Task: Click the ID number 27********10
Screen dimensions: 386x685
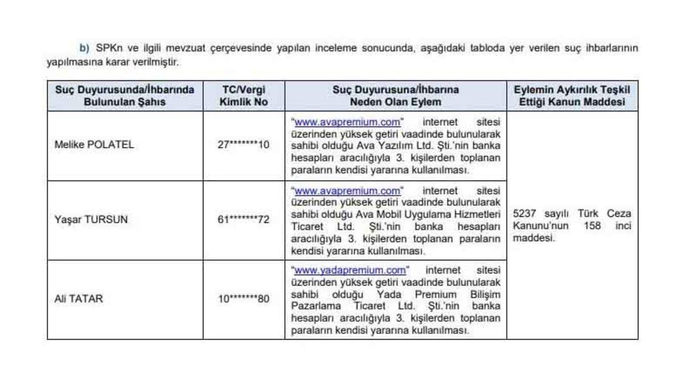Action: tap(244, 145)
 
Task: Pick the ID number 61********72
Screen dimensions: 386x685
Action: tap(244, 220)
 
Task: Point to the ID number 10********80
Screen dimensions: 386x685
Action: tap(244, 298)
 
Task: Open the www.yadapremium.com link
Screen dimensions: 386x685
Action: tap(350, 269)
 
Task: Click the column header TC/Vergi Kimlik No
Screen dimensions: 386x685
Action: tap(244, 96)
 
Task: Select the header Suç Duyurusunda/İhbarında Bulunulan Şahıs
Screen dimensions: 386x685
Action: tap(124, 96)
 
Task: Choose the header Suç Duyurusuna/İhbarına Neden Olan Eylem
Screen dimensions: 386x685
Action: tap(396, 96)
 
